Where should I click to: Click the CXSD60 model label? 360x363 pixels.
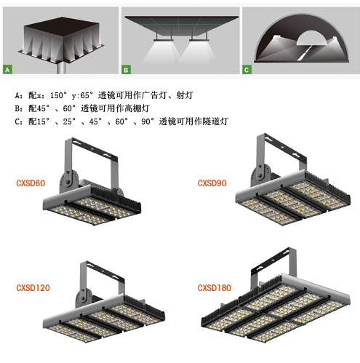click(x=31, y=183)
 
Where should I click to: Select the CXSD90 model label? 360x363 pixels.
click(x=212, y=183)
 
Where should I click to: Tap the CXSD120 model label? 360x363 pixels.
click(x=33, y=288)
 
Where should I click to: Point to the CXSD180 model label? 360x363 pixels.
click(x=215, y=288)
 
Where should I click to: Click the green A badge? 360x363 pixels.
click(x=7, y=70)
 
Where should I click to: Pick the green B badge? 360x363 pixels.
click(x=126, y=70)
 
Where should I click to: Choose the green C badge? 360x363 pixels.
click(x=247, y=70)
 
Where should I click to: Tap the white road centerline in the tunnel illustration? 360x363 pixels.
click(x=305, y=53)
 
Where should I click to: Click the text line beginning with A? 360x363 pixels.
click(x=104, y=95)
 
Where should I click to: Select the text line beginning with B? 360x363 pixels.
click(x=82, y=108)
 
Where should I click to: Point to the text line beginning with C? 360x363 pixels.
click(x=121, y=121)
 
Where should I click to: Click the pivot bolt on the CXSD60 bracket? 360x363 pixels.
click(x=68, y=180)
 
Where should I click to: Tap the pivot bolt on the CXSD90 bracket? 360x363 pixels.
click(x=260, y=175)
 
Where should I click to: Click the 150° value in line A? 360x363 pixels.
click(x=58, y=95)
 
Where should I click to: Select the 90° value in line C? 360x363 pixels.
click(x=148, y=121)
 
